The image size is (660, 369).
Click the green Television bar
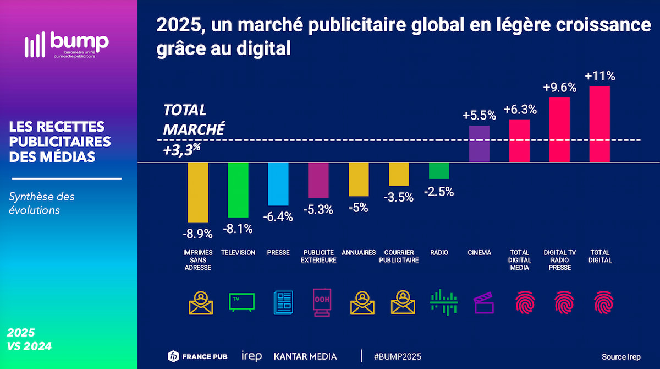coord(238,190)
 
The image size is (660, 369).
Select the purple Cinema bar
coord(479,144)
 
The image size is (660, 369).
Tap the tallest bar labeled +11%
coord(599,124)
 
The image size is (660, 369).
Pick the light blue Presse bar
coord(278,184)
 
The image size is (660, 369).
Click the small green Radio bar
coord(439,171)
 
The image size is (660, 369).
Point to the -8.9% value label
coord(198,234)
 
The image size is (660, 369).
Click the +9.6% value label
coord(559,88)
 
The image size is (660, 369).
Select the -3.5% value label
coord(399,197)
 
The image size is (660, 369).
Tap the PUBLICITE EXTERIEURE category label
coord(318,256)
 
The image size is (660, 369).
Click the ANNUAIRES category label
coord(359,253)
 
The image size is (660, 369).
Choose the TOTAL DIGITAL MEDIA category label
coord(519,260)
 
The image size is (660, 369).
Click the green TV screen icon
coord(242,302)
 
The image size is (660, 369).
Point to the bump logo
coord(67,44)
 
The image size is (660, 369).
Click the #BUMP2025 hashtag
coord(398,356)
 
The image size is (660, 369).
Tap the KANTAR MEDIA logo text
coord(305,356)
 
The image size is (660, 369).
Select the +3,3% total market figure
coord(182,150)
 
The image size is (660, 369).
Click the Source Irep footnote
coord(621,356)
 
